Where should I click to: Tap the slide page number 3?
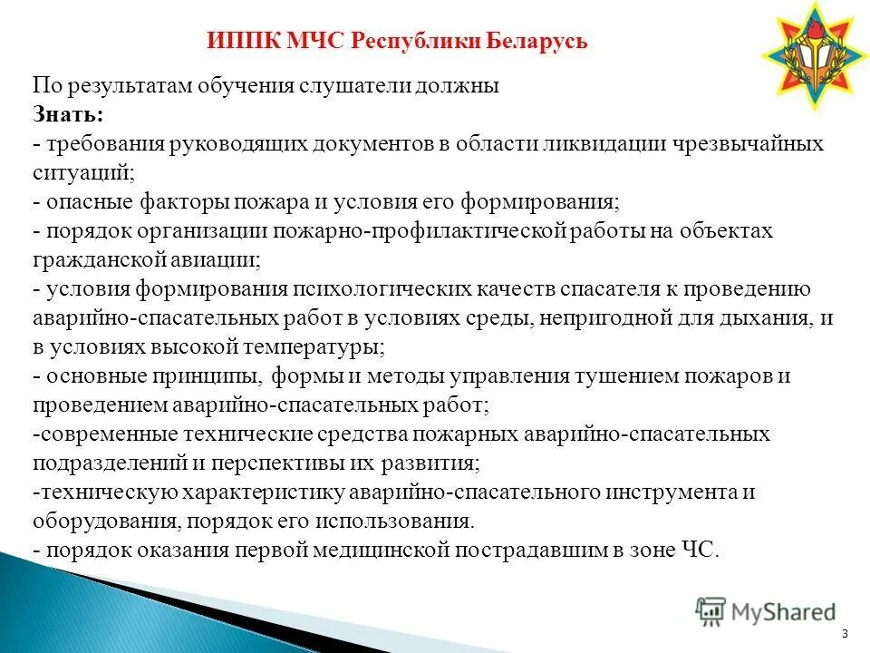point(845,633)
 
